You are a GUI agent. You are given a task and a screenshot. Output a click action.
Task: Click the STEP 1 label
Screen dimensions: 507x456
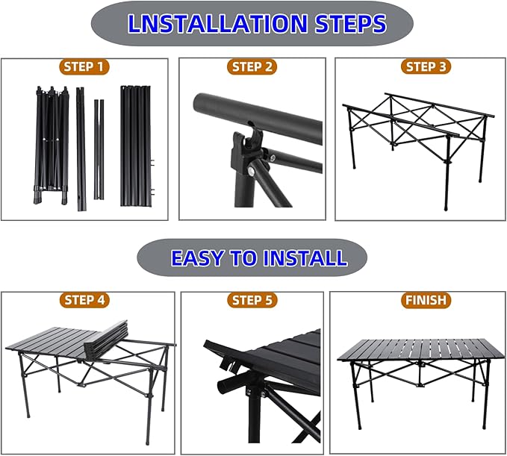pyautogui.click(x=84, y=67)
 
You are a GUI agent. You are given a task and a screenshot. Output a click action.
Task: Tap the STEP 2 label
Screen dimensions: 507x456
pyautogui.click(x=252, y=67)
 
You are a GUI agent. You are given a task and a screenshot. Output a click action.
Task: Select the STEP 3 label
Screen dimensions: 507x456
pyautogui.click(x=426, y=66)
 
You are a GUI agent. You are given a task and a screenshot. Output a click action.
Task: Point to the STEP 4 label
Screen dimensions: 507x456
pyautogui.click(x=84, y=300)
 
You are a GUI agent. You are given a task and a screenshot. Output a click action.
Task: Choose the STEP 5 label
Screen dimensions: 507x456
pyautogui.click(x=252, y=300)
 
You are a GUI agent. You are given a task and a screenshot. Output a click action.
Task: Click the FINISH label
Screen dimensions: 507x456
pyautogui.click(x=426, y=299)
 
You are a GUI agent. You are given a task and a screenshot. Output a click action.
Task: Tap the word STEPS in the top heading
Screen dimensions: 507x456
pyautogui.click(x=351, y=24)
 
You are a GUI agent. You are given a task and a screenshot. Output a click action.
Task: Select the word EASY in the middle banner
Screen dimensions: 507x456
pyautogui.click(x=197, y=257)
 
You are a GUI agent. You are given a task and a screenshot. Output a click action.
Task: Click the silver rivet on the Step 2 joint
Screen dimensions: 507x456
pyautogui.click(x=251, y=171)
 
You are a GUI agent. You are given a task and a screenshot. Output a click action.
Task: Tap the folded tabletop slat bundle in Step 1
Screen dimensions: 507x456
pyautogui.click(x=136, y=146)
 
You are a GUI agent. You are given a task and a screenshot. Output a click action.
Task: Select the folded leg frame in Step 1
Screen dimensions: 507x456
pyautogui.click(x=52, y=146)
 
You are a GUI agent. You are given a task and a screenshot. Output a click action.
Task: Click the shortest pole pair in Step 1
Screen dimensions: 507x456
pyautogui.click(x=99, y=149)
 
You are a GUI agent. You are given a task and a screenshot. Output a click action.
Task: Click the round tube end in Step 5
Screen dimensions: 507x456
pyautogui.click(x=223, y=386)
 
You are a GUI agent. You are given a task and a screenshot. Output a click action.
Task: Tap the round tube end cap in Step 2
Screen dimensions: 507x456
pyautogui.click(x=199, y=103)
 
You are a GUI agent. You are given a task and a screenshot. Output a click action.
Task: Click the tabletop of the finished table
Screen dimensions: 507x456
pyautogui.click(x=421, y=350)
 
